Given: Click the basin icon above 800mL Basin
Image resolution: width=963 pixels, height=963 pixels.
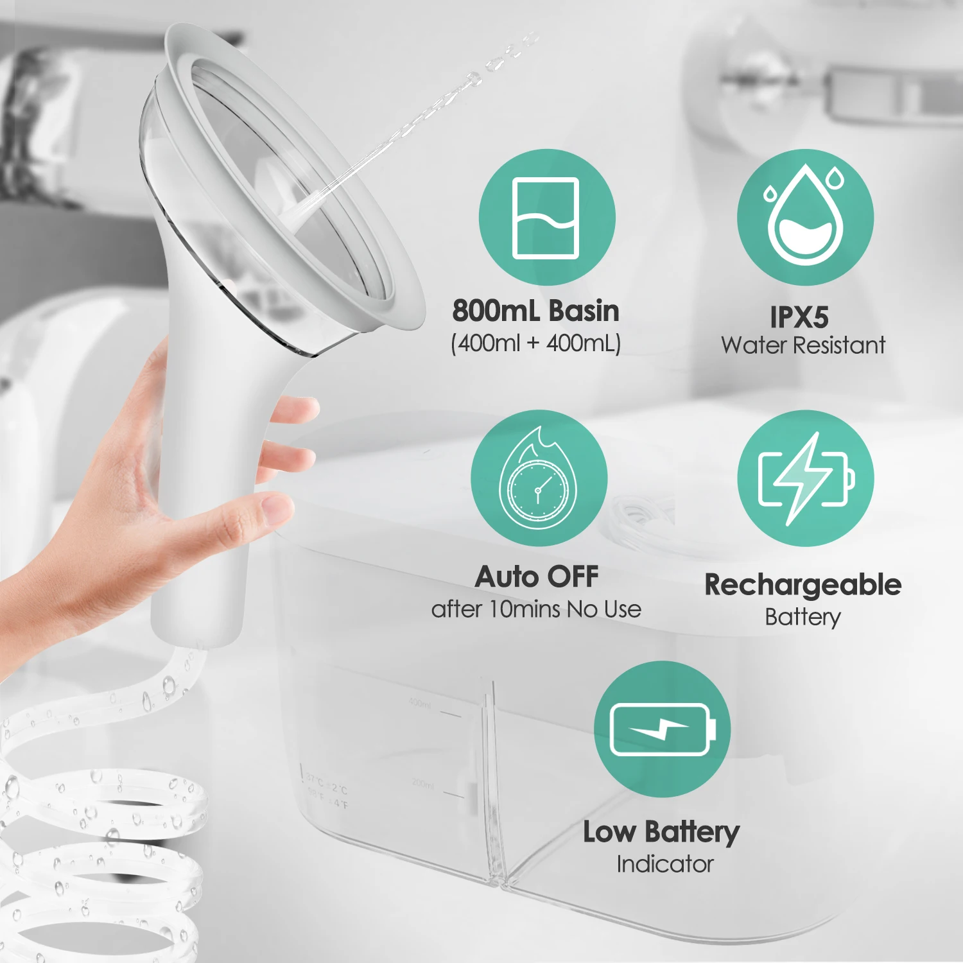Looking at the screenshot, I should tap(546, 218).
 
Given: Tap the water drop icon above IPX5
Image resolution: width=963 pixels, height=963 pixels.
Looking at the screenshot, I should tap(805, 218).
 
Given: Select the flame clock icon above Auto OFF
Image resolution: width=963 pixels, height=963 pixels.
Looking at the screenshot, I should tap(539, 478).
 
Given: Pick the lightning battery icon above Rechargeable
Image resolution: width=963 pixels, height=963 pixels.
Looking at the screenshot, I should tap(805, 478).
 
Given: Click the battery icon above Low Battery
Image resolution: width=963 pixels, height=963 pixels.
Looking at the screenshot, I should tap(662, 729).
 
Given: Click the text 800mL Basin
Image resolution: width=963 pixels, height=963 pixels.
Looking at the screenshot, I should tap(536, 311).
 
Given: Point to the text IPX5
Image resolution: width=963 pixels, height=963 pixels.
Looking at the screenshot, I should tap(799, 317).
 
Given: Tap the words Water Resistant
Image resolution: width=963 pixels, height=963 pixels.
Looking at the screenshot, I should tap(803, 345).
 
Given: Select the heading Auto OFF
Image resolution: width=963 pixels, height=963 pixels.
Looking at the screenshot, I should tap(537, 577).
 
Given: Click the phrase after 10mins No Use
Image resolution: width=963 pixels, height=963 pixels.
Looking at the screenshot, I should tap(536, 609).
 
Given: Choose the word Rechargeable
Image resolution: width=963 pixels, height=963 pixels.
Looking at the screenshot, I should tap(802, 585).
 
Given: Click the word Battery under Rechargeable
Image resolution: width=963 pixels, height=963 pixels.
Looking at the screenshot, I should tap(802, 617).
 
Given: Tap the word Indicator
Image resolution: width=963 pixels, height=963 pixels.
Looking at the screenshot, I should tap(665, 864).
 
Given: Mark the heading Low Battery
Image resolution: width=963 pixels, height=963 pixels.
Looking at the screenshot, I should tap(661, 832).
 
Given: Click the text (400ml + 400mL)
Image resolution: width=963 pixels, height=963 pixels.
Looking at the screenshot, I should tap(536, 343).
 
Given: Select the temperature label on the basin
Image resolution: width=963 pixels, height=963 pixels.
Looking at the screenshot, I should tap(327, 791).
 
